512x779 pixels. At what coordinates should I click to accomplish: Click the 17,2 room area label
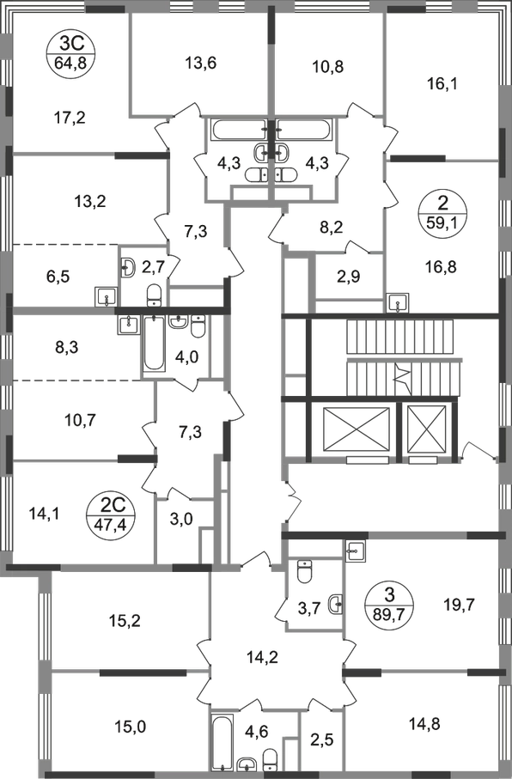70,119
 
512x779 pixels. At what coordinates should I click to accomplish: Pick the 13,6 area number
200,63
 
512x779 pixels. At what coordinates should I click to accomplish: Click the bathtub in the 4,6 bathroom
222,743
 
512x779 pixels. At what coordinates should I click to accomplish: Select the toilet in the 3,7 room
304,571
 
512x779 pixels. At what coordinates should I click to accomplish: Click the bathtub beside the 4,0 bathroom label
154,344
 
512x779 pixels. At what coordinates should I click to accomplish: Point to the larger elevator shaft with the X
356,429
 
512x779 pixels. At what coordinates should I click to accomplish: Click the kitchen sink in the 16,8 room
399,302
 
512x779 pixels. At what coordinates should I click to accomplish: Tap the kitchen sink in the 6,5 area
106,297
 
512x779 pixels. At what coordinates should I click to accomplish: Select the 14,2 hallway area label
262,657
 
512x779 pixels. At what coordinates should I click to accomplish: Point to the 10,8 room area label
329,65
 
